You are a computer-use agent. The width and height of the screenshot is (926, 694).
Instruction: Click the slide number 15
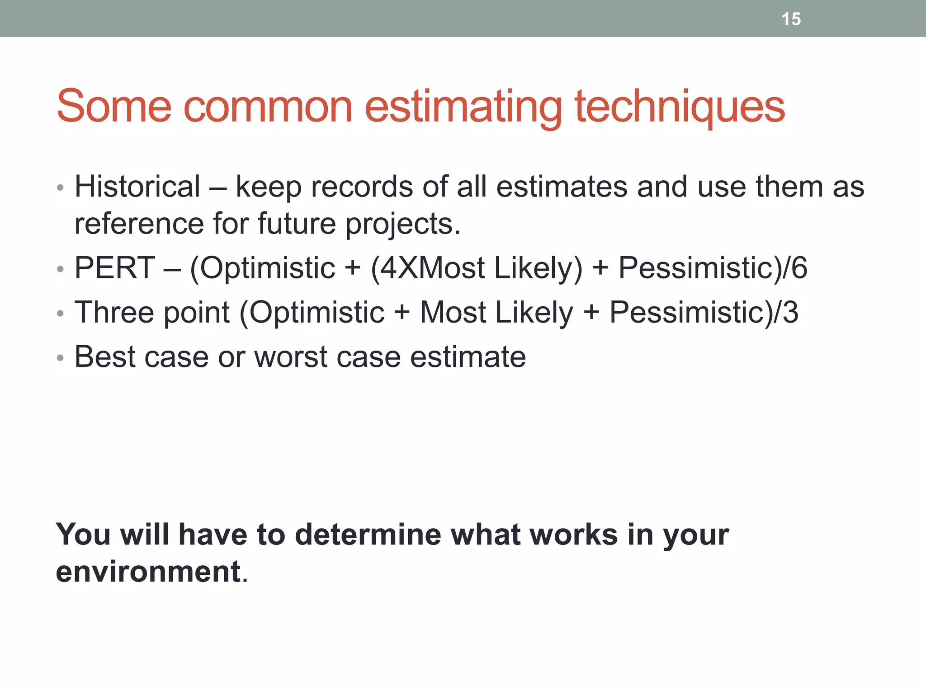[791, 19]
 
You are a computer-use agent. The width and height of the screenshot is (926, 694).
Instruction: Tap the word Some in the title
[114, 107]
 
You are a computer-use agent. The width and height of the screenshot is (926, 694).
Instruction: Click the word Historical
[137, 186]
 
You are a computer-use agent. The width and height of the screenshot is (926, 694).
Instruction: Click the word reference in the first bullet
[139, 224]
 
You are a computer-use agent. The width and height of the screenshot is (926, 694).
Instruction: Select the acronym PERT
[115, 267]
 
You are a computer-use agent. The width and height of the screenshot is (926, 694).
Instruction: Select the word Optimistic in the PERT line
[267, 267]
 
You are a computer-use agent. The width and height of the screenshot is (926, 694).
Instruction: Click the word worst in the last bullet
[291, 357]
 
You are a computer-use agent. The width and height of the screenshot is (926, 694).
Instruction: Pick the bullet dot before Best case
[61, 358]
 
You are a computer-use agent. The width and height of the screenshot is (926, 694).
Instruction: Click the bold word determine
[368, 535]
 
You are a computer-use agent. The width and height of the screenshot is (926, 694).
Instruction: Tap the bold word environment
[148, 572]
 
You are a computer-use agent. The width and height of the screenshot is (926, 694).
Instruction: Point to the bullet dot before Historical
[61, 188]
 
